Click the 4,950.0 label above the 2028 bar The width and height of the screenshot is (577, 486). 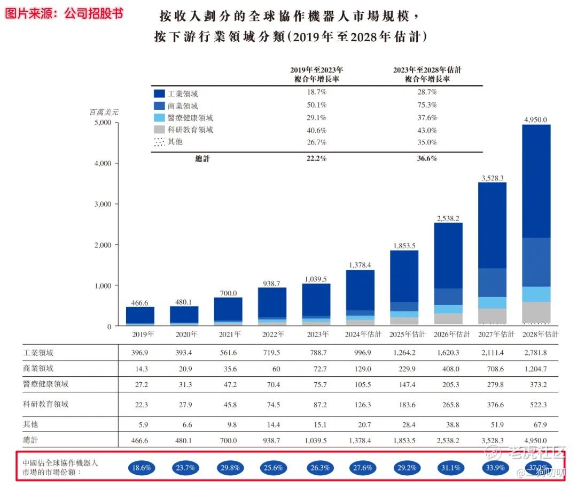point(536,119)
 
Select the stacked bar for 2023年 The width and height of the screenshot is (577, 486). point(316,303)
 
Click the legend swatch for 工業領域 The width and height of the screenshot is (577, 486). point(159,94)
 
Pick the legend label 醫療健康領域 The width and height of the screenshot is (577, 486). point(190,118)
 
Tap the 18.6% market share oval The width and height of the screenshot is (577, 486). point(141,467)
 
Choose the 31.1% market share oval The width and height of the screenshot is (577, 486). point(448,467)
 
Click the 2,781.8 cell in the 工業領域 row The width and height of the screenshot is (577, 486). point(536,353)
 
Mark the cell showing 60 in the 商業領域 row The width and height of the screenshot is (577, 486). point(272,369)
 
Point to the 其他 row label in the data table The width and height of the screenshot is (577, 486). point(31,424)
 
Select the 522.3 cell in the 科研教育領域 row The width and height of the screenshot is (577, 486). point(536,404)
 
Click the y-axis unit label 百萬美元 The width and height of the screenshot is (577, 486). point(104,112)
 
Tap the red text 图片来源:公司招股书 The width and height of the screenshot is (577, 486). point(64,13)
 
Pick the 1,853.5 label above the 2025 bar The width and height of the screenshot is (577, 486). point(404,245)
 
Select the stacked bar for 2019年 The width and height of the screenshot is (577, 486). point(141,315)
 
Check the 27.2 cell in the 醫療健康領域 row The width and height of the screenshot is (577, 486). point(141,384)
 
